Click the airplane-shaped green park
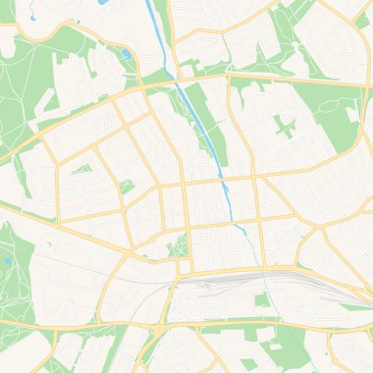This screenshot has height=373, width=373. pos(285,127)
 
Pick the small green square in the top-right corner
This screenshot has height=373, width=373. pos(361,20)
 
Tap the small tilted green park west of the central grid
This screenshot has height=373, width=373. pos(126,186)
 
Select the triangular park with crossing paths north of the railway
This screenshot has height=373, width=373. pos(178,244)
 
